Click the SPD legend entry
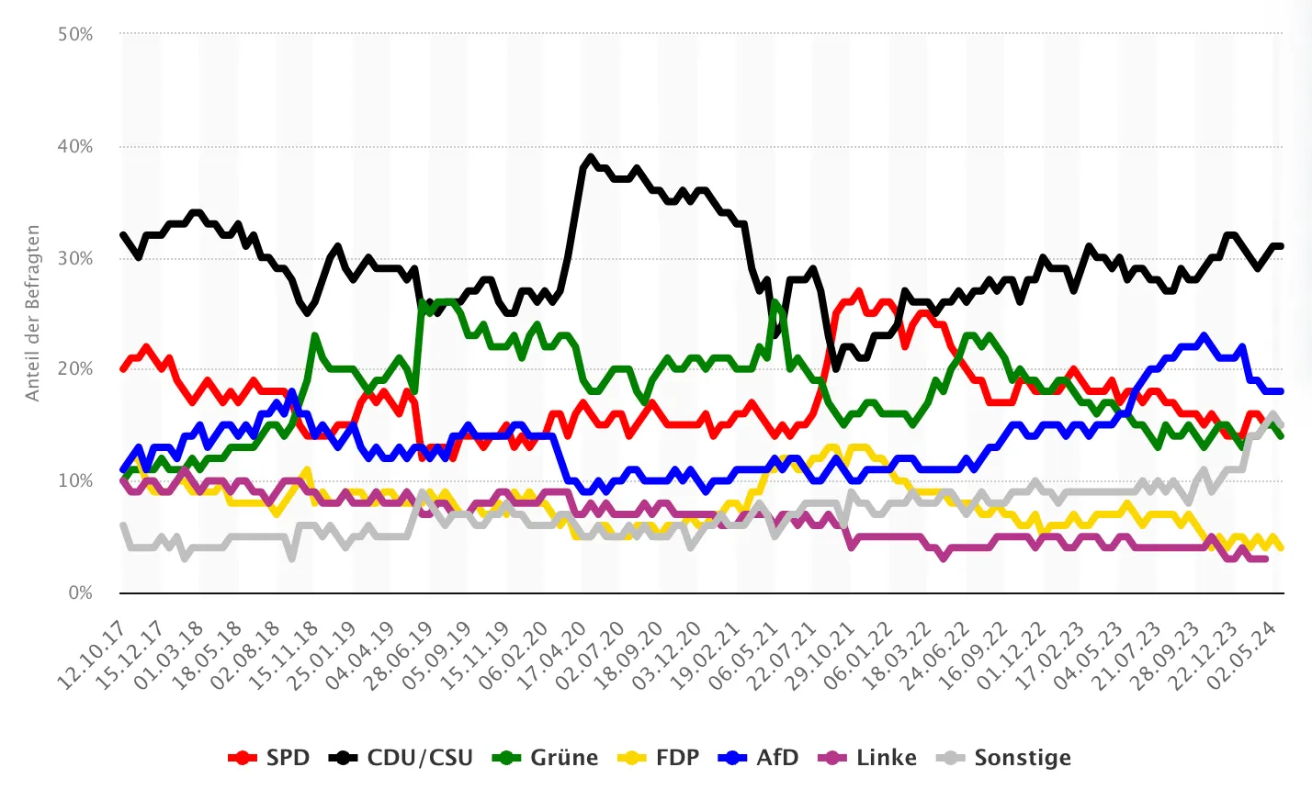269,758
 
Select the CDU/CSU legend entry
402,758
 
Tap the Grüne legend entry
546,758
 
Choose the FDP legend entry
659,758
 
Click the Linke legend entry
868,758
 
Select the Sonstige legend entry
1004,758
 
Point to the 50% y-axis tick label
75,35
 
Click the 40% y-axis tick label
75,147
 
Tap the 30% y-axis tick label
75,259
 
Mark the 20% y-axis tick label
75,369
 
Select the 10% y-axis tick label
75,481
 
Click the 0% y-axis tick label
80,593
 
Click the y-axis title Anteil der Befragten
33,313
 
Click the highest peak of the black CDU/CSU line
591,157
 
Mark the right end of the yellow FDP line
1281,547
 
